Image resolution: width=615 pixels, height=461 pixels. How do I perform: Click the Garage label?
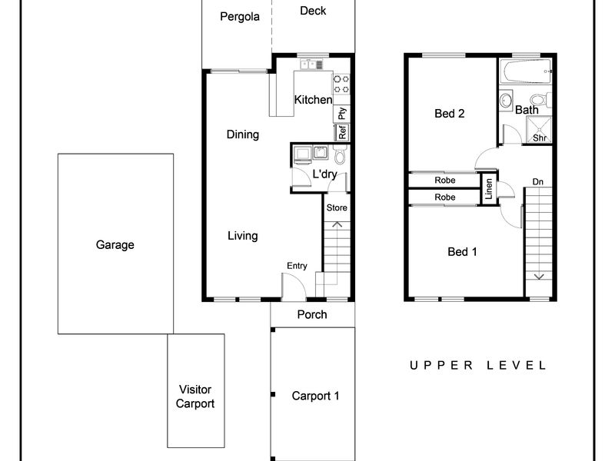point(115,245)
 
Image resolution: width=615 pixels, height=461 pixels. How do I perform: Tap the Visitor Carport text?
point(195,396)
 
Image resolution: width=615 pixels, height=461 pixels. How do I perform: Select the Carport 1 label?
point(315,396)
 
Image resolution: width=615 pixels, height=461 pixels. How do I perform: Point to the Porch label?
point(312,314)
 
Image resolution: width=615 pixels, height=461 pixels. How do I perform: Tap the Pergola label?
point(240,16)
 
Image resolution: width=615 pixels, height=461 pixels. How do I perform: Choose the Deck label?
point(313,11)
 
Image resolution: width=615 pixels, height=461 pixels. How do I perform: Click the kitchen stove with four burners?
point(341,84)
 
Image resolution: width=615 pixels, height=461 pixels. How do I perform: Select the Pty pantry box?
point(341,114)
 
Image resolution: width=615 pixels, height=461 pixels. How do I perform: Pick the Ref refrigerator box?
point(341,132)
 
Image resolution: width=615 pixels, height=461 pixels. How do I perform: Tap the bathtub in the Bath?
point(526,71)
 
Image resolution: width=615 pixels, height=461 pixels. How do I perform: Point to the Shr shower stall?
point(539,129)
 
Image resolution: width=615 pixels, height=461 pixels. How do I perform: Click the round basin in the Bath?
point(506,101)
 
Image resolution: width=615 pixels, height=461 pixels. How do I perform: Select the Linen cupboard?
point(489,189)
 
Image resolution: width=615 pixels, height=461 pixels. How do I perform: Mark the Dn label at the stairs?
point(537,182)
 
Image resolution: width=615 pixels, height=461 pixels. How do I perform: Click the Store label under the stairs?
point(337,207)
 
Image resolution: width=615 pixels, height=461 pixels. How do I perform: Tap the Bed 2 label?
point(450,114)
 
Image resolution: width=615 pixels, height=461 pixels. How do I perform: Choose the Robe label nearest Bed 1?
point(445,197)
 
